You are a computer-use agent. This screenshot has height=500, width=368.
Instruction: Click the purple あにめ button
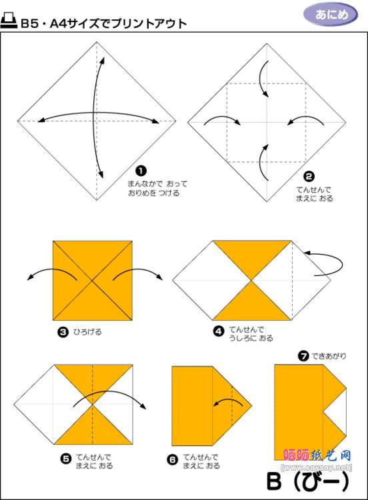coord(331,15)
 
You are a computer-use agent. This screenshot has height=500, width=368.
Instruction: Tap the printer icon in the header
coord(9,21)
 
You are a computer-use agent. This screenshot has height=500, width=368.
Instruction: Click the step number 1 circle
coord(141,171)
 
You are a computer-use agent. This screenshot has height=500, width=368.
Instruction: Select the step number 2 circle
coord(309,177)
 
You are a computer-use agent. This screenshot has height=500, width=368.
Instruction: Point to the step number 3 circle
coord(63,332)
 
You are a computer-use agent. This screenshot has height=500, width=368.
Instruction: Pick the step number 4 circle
coord(219,331)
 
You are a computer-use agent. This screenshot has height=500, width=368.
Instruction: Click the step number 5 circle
coord(66,459)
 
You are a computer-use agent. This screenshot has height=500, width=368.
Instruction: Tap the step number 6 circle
coord(173,459)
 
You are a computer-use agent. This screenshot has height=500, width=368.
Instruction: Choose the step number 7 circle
coord(303,355)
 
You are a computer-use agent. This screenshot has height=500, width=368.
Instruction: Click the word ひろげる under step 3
coord(87,332)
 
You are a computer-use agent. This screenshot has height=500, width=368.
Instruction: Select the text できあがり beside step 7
coord(329,356)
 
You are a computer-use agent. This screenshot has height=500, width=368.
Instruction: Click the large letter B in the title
coord(274,481)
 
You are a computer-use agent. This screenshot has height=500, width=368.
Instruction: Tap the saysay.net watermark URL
coord(317,468)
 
